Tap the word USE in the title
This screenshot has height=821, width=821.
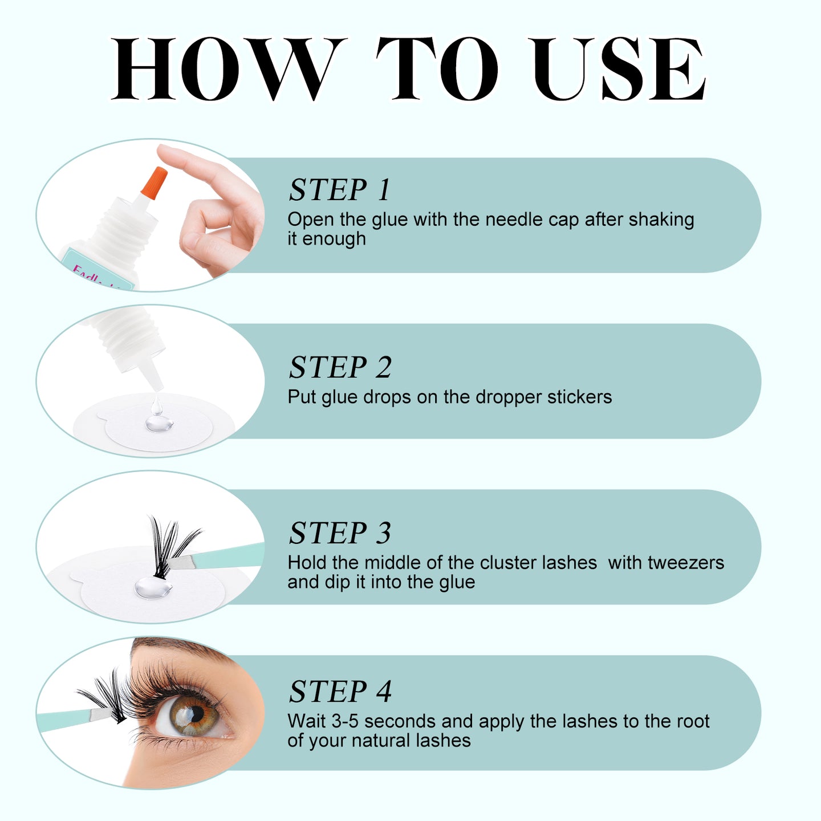pyautogui.click(x=618, y=70)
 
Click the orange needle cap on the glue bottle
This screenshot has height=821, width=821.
pyautogui.click(x=153, y=183)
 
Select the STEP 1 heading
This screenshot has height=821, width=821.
pyautogui.click(x=340, y=190)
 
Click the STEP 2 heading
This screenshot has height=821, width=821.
pyautogui.click(x=340, y=367)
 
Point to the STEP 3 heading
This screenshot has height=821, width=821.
pyautogui.click(x=340, y=533)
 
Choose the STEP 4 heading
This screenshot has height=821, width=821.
pyautogui.click(x=340, y=692)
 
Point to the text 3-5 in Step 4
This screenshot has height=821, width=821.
pyautogui.click(x=345, y=721)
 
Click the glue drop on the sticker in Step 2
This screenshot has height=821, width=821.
pyautogui.click(x=156, y=422)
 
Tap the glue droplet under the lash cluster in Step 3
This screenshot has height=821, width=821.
pyautogui.click(x=153, y=587)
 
